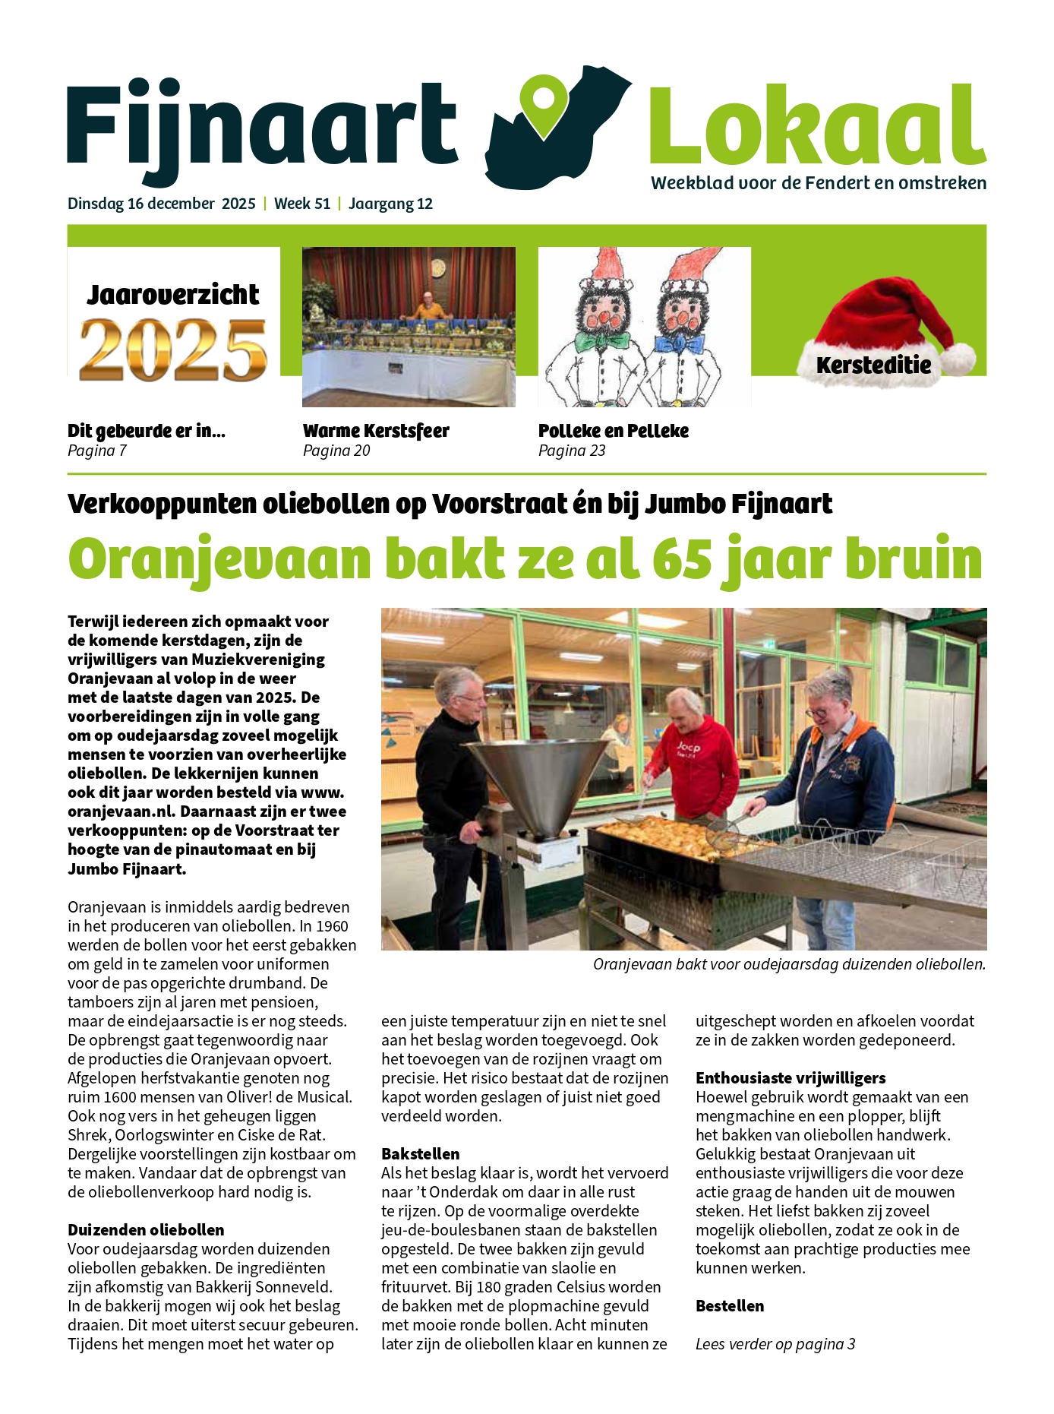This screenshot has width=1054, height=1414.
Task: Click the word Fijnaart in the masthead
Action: tap(262, 125)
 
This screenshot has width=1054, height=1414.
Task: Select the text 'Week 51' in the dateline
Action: tap(302, 204)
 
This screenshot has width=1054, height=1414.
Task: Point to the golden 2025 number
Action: tap(173, 349)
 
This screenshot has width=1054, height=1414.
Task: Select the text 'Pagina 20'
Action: tap(336, 451)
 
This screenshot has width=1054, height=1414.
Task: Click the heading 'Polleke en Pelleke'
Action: tap(613, 431)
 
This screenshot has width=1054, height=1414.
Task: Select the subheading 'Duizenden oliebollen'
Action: tap(146, 1229)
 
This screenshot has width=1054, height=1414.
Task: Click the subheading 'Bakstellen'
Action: tap(420, 1153)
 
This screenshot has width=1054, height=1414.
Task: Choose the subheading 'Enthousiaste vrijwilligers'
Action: tap(790, 1077)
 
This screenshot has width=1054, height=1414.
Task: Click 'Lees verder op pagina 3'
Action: tap(775, 1343)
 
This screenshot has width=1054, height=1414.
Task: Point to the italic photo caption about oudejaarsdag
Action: tap(789, 964)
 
